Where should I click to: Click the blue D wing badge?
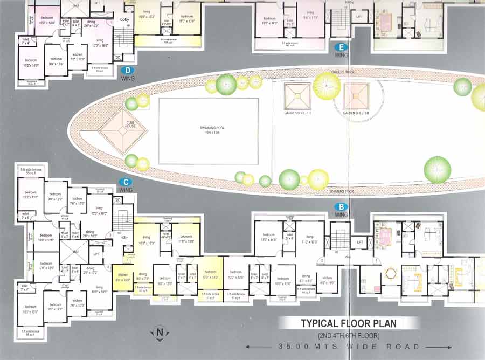pyautogui.click(x=128, y=70)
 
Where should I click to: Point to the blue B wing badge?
pyautogui.click(x=341, y=206)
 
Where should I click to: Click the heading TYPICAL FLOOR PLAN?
pyautogui.click(x=349, y=324)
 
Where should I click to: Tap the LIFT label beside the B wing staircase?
pyautogui.click(x=360, y=243)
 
